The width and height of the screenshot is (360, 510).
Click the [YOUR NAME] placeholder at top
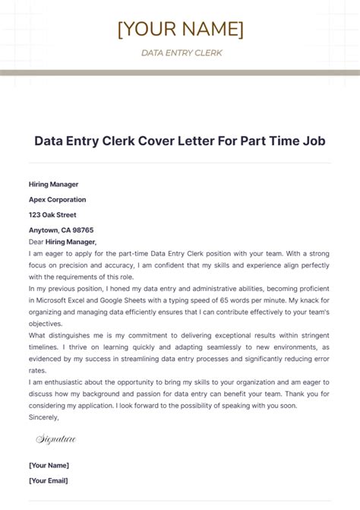[180, 30]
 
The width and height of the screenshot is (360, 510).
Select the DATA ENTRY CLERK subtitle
[180, 53]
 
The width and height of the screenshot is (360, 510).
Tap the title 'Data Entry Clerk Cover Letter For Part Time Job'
[180, 141]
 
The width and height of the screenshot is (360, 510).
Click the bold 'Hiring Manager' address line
[53, 184]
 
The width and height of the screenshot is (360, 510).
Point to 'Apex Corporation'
[57, 199]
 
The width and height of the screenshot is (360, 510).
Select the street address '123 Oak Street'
[52, 214]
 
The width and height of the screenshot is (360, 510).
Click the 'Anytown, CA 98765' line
[61, 230]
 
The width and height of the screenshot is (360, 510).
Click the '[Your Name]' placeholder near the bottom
[49, 465]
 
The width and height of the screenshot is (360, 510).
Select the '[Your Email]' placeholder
[49, 480]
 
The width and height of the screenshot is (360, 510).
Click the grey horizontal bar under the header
[180, 73]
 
